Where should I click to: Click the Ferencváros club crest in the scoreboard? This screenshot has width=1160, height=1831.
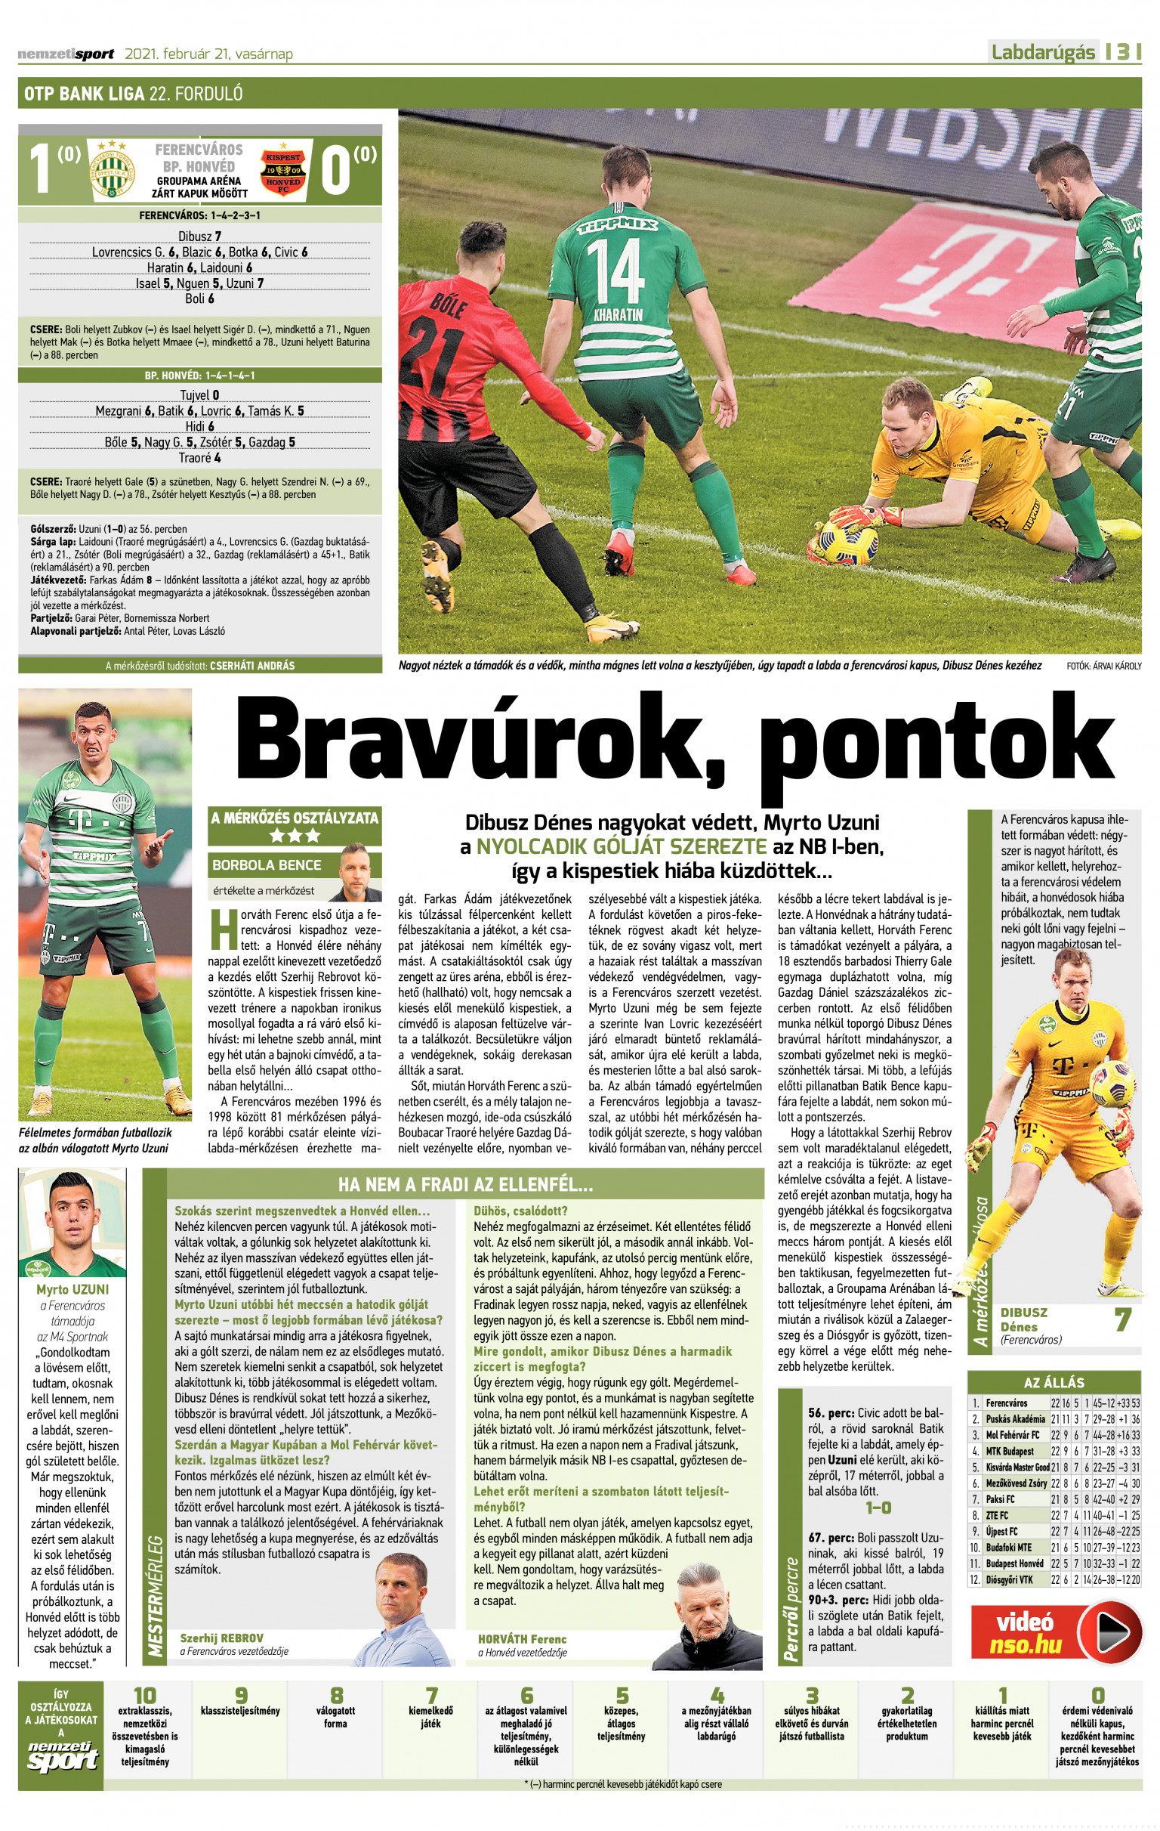(112, 169)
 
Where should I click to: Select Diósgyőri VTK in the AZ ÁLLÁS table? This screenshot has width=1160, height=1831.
(1010, 1579)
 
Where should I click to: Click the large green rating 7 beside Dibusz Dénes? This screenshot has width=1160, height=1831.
(1122, 1319)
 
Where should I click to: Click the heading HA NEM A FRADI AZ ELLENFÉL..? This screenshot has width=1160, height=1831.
(465, 1185)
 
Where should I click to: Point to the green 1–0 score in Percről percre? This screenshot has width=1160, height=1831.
(878, 1507)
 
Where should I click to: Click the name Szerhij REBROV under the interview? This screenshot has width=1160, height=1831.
(221, 1638)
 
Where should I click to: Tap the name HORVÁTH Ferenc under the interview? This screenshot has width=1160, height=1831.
(523, 1639)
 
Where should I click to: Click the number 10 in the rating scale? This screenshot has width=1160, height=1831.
(144, 1696)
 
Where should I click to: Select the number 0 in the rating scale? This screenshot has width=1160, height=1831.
(1097, 1696)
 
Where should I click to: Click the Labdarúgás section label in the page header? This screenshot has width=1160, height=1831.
(1043, 52)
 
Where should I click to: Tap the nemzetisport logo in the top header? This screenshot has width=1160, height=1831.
(66, 54)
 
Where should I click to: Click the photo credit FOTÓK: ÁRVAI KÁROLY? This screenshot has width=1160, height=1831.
(1104, 666)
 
